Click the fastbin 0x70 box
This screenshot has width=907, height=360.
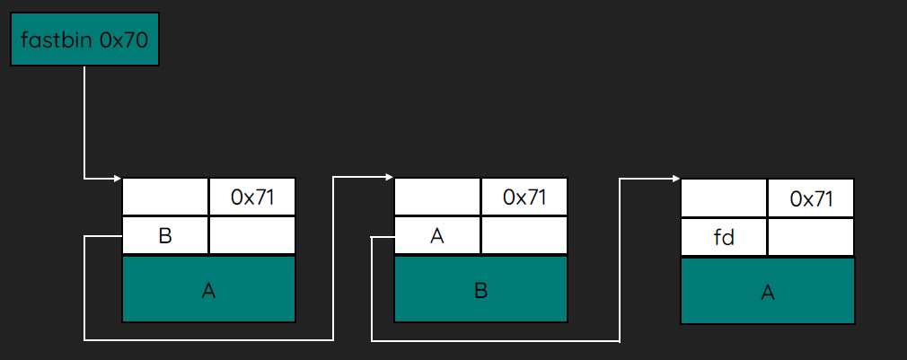[x=84, y=40]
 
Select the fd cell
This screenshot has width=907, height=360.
[x=724, y=237]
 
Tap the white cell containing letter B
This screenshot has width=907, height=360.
[x=165, y=235]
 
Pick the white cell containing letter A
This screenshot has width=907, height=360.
[x=437, y=235]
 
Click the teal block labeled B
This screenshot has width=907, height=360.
[x=480, y=289]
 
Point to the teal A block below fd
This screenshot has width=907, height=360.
[x=768, y=291]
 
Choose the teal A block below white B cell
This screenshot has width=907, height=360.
[x=209, y=289]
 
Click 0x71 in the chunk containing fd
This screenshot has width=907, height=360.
[x=811, y=198]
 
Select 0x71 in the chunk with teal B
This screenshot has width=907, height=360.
[x=524, y=197]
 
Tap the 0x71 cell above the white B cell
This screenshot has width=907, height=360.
[x=252, y=197]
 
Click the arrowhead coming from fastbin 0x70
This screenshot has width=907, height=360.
[x=118, y=179]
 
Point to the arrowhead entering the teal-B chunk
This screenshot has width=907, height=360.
[x=390, y=177]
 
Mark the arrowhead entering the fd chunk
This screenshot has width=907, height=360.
[x=676, y=180]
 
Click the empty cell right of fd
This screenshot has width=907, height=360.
[x=811, y=237]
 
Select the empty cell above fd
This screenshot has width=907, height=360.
[x=724, y=198]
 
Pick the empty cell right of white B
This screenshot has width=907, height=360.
[x=252, y=235]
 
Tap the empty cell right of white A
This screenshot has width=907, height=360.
[x=524, y=235]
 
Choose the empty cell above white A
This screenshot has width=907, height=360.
[x=437, y=197]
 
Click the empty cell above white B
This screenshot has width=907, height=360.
[x=165, y=197]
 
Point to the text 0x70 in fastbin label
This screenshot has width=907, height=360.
[x=123, y=40]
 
